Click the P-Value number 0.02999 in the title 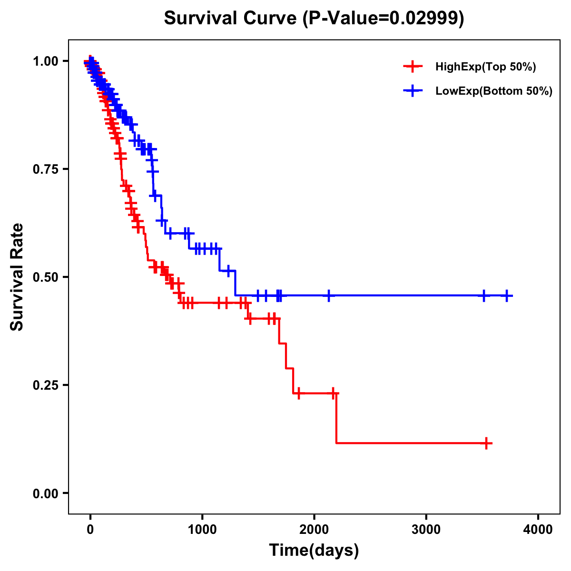424,19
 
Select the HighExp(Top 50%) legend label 485,67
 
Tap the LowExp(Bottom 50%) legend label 494,91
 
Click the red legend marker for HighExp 413,67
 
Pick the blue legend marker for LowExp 413,91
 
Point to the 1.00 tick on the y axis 46,61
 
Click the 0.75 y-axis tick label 46,169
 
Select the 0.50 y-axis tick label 46,277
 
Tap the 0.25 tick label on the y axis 46,385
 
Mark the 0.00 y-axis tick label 46,493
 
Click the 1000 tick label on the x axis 202,530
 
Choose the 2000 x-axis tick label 314,530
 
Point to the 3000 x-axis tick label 426,530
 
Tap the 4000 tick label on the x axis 538,530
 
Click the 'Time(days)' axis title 314,551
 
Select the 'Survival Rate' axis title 17,277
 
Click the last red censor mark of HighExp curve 486,443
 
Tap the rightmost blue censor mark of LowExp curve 507,295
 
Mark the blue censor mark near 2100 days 328,295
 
